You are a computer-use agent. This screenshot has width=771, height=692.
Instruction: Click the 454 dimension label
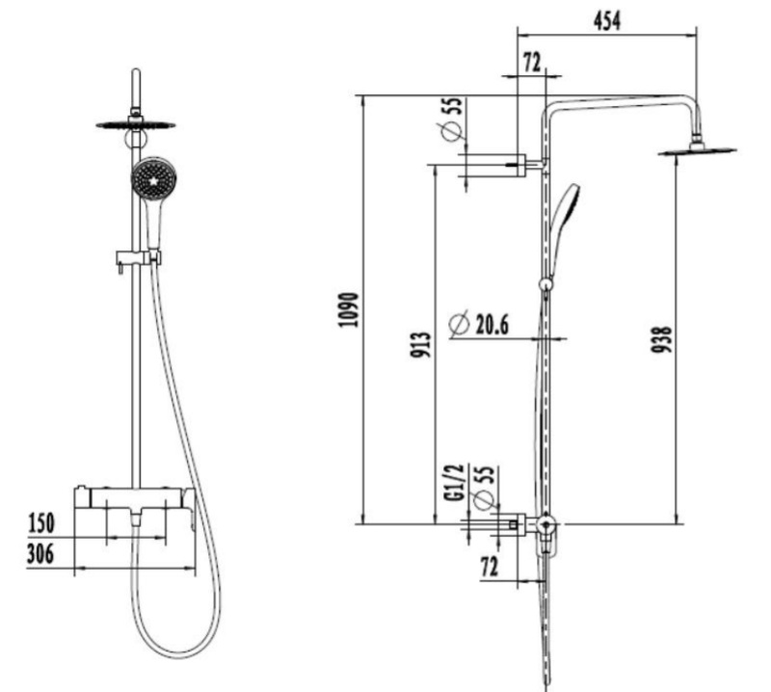[607, 21]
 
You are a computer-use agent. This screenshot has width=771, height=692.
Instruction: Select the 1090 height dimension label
[350, 309]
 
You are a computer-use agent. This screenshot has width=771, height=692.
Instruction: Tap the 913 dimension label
[421, 345]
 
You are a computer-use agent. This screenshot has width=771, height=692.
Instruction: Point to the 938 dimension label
[661, 339]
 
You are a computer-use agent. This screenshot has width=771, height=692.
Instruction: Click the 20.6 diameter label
[492, 324]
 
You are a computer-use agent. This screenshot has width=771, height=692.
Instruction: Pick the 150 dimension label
[41, 523]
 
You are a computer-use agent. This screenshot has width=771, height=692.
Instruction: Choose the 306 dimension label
[40, 554]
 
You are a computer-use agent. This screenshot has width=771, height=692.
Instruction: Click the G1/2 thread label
[456, 482]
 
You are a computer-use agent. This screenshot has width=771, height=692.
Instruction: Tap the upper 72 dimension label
[532, 63]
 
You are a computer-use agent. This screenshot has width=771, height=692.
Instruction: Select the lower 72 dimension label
[490, 567]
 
